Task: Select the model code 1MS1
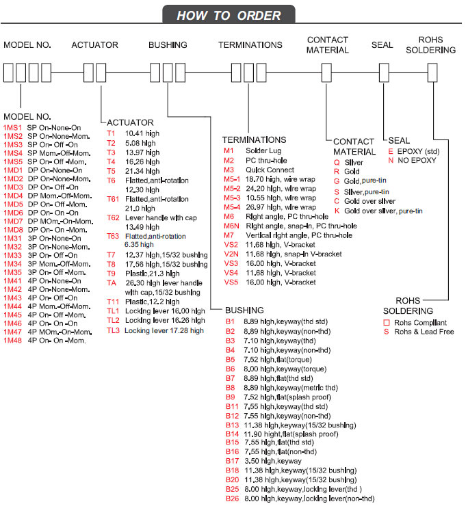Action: [x=12, y=128]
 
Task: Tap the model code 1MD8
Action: [x=13, y=230]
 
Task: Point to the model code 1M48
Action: [x=13, y=340]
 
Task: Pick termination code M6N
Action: [x=232, y=226]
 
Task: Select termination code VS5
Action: [x=233, y=282]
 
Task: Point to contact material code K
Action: [x=337, y=211]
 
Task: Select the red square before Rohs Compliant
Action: [x=387, y=322]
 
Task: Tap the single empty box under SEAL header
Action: [x=382, y=72]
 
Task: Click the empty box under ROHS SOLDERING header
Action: [x=432, y=72]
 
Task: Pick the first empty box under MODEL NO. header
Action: [x=9, y=72]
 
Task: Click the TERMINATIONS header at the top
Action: [x=250, y=45]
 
